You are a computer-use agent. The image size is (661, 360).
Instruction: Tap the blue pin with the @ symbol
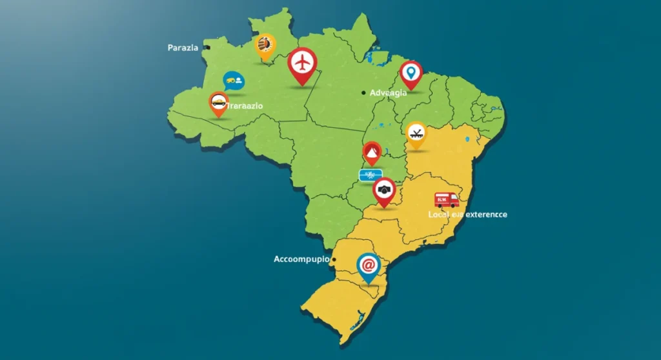click(368, 265)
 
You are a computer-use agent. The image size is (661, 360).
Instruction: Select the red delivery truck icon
click(446, 200)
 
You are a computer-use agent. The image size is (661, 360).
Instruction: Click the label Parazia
click(183, 48)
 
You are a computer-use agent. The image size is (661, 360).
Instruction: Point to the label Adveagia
click(389, 93)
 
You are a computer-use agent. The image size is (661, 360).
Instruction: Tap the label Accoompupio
click(301, 259)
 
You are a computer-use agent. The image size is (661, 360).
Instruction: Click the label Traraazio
click(249, 105)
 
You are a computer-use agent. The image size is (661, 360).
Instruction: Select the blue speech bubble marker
click(233, 81)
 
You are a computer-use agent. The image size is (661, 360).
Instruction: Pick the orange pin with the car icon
click(219, 102)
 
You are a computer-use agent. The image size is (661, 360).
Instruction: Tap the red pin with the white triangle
click(372, 154)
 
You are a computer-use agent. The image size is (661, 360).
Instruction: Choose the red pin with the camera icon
click(384, 190)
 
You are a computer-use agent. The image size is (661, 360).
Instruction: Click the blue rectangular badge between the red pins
click(371, 175)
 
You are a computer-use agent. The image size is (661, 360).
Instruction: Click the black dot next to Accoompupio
click(334, 259)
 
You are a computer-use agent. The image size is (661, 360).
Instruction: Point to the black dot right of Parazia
click(206, 48)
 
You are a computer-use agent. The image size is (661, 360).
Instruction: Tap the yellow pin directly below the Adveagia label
click(417, 134)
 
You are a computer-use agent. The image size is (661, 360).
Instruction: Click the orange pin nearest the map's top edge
click(265, 46)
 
